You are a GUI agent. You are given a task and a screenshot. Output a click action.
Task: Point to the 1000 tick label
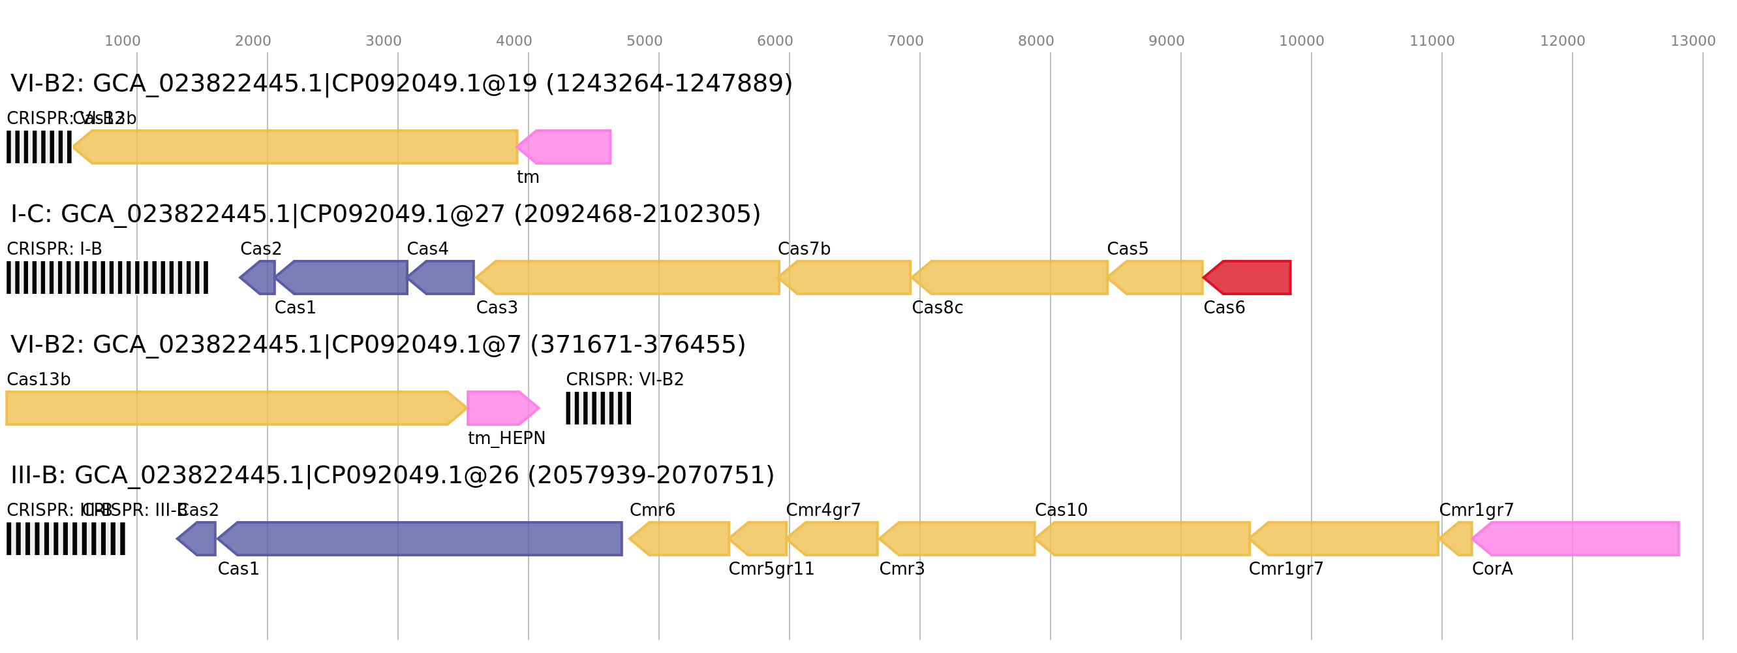[122, 41]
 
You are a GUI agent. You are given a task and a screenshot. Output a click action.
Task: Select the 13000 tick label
[1693, 41]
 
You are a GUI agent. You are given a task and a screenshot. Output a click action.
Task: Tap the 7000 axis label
[905, 41]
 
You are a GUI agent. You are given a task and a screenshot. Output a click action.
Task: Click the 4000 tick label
[514, 41]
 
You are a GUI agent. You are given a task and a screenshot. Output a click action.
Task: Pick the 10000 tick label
[1301, 41]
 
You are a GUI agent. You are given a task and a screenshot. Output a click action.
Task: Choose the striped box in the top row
[39, 147]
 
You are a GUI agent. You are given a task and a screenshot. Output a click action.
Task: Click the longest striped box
[107, 278]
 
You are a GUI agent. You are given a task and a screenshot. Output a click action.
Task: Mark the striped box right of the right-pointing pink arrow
[598, 408]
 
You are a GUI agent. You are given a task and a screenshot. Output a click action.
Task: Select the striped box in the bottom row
[65, 538]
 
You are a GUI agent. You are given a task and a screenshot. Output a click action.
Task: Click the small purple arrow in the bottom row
[197, 538]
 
